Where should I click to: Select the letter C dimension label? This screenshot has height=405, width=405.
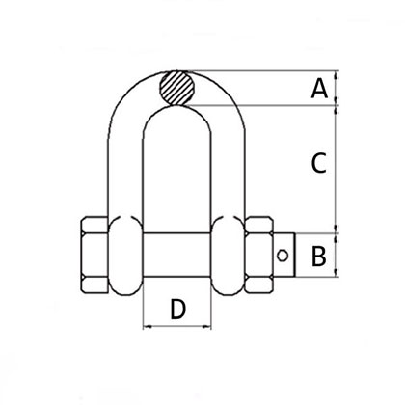click(x=316, y=165)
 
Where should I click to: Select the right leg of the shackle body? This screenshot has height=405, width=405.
click(x=222, y=164)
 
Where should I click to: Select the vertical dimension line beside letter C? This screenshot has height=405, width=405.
click(x=336, y=165)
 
